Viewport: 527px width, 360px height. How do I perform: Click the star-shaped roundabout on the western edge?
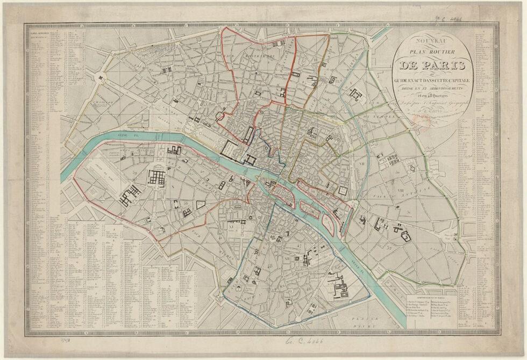point(100,78)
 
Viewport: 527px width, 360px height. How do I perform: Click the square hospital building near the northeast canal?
point(355,95)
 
